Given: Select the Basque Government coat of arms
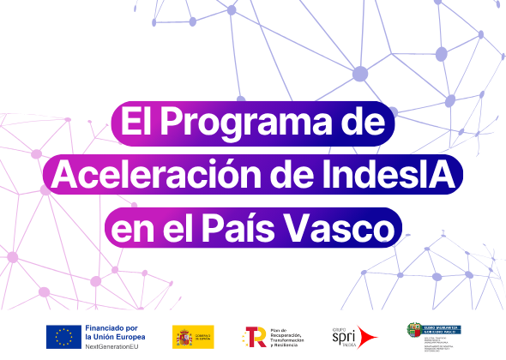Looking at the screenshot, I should click(415, 330).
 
